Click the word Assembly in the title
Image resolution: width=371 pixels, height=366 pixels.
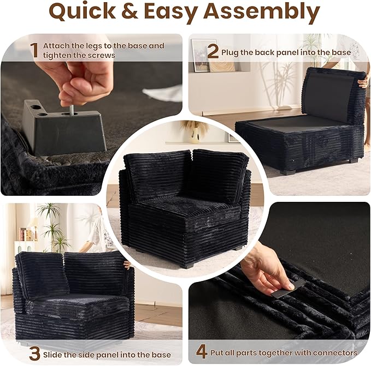[x=262, y=12]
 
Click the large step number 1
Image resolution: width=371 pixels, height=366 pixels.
[x=34, y=50]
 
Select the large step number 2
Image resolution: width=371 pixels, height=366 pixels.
[x=213, y=52]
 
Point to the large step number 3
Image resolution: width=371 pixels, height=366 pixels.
[x=34, y=353]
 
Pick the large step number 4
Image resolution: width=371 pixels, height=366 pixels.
[x=202, y=352]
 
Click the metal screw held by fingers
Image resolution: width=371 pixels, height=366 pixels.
[x=70, y=110]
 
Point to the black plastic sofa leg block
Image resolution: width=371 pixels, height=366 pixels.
[x=63, y=128]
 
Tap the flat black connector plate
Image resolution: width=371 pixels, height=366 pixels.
[x=285, y=292]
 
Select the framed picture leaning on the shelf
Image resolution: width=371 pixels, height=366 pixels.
[x=201, y=56]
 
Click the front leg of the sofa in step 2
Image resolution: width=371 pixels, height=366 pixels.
[x=288, y=172]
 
